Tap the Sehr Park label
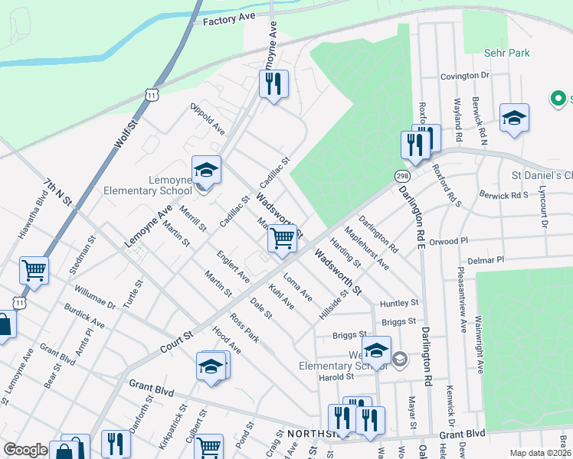[x=507, y=53]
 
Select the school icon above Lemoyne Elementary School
[x=205, y=169]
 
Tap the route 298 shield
[x=401, y=175]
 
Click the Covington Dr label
[x=464, y=76]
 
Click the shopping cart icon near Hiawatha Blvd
[x=34, y=269]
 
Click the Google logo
[x=25, y=450]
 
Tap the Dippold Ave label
[x=207, y=119]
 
